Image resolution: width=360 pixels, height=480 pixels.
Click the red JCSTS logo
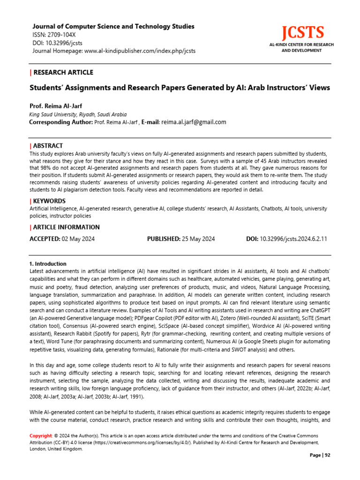click(x=302, y=33)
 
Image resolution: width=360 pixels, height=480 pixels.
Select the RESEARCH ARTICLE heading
click(x=63, y=72)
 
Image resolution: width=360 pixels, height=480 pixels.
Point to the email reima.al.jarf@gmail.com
click(x=193, y=122)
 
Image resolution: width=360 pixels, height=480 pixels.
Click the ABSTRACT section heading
click(x=48, y=146)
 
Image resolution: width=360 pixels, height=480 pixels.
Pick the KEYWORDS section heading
click(x=50, y=201)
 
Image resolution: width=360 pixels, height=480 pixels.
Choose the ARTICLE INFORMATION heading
click(x=67, y=227)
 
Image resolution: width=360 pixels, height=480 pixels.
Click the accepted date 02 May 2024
click(x=79, y=239)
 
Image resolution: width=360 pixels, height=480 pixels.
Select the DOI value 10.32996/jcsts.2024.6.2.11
click(x=293, y=239)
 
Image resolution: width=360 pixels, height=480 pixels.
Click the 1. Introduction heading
click(x=48, y=264)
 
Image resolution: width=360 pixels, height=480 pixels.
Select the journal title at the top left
click(x=113, y=27)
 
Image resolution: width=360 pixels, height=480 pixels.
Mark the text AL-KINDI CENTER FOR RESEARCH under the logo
click(x=301, y=45)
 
